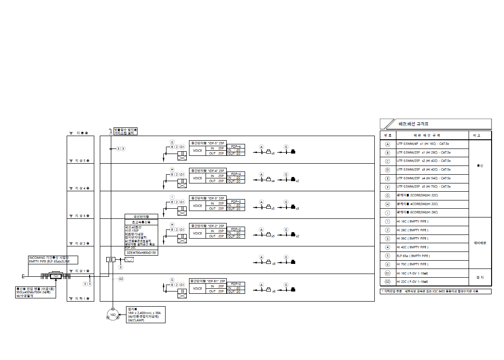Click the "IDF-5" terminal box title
(208, 143)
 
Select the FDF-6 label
(235, 146)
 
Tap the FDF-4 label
(235, 174)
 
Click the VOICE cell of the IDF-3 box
(197, 206)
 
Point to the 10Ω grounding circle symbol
(113, 315)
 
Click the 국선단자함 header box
(141, 216)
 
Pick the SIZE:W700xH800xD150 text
(141, 253)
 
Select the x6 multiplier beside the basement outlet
(274, 291)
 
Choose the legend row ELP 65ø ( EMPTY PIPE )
(412, 256)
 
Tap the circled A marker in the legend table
(388, 143)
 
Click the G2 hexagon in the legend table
(388, 281)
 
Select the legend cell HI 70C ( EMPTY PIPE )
(412, 264)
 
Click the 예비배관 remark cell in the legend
(480, 243)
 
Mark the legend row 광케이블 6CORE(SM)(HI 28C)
(418, 212)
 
